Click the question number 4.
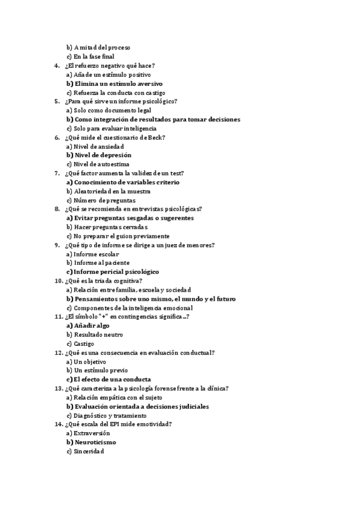[x=56, y=65]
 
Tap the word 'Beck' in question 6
[x=157, y=137]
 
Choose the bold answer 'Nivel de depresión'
[x=103, y=155]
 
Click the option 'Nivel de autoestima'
[x=101, y=164]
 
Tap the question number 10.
[x=58, y=280]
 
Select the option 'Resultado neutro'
[x=98, y=334]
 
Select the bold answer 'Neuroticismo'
[x=95, y=442]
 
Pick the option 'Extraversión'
[x=97, y=433]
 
